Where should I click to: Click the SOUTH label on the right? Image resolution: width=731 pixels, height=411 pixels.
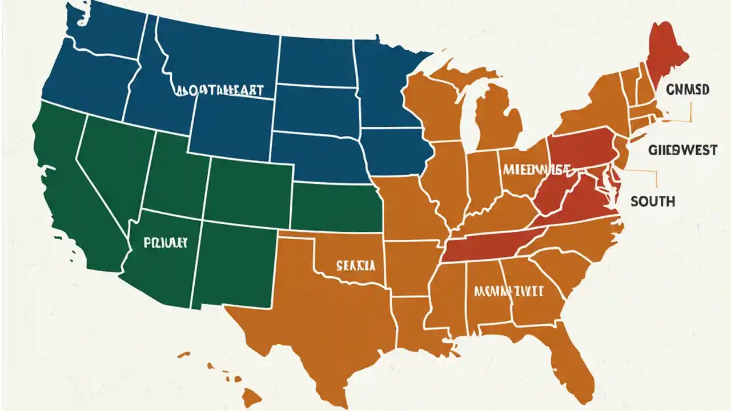[x=653, y=201]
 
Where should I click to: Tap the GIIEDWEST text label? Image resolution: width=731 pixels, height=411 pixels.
[x=682, y=150]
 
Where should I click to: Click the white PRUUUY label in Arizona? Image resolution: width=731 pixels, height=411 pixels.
[x=166, y=242]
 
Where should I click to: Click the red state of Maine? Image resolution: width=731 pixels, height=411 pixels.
[x=666, y=54]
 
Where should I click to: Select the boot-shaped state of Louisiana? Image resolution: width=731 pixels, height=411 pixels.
[x=414, y=325]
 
